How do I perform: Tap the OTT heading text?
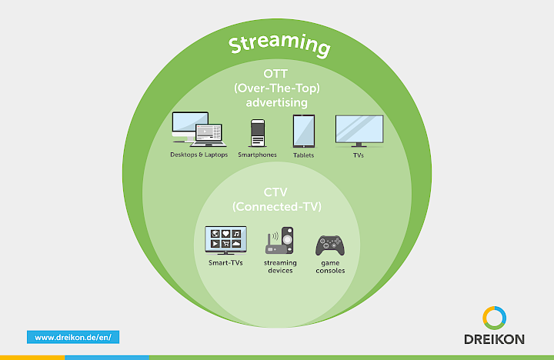[x=276, y=75]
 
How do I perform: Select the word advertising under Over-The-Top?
[x=276, y=102]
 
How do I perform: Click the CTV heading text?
[x=276, y=193]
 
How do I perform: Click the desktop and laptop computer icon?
[x=197, y=129]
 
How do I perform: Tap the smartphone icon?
[x=257, y=132]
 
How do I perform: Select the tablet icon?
[x=303, y=131]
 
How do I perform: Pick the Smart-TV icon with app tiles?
[x=225, y=240]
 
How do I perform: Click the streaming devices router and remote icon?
[x=280, y=240]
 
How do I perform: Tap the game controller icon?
[x=330, y=245]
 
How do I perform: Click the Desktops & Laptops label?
[x=197, y=155]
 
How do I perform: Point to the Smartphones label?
[x=257, y=155]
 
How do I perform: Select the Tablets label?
[x=303, y=155]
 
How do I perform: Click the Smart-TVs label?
[x=225, y=263]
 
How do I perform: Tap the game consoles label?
[x=330, y=267]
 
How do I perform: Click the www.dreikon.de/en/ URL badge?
[x=74, y=337]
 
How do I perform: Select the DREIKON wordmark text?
[x=495, y=339]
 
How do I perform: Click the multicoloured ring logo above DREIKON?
[x=495, y=317]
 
